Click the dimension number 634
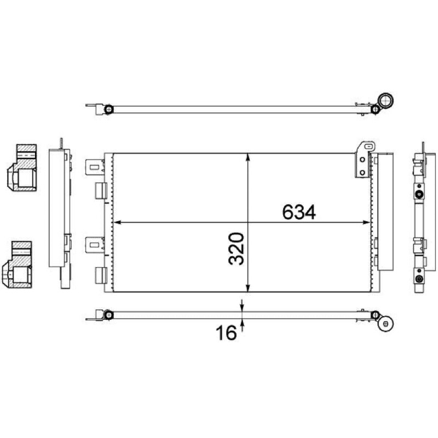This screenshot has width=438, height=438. click(x=299, y=212)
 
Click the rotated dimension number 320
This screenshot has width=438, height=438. click(x=237, y=249)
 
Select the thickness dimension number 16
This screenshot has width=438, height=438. click(x=226, y=333)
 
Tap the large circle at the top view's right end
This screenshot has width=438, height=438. click(x=385, y=101)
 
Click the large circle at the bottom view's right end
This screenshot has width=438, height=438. click(x=386, y=324)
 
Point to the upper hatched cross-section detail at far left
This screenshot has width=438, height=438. click(x=22, y=168)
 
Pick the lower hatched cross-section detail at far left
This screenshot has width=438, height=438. click(x=18, y=264)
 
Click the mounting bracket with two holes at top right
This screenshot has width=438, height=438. click(x=365, y=160)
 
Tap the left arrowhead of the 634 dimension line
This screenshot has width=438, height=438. click(x=117, y=222)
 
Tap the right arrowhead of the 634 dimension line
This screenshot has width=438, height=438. click(x=366, y=222)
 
